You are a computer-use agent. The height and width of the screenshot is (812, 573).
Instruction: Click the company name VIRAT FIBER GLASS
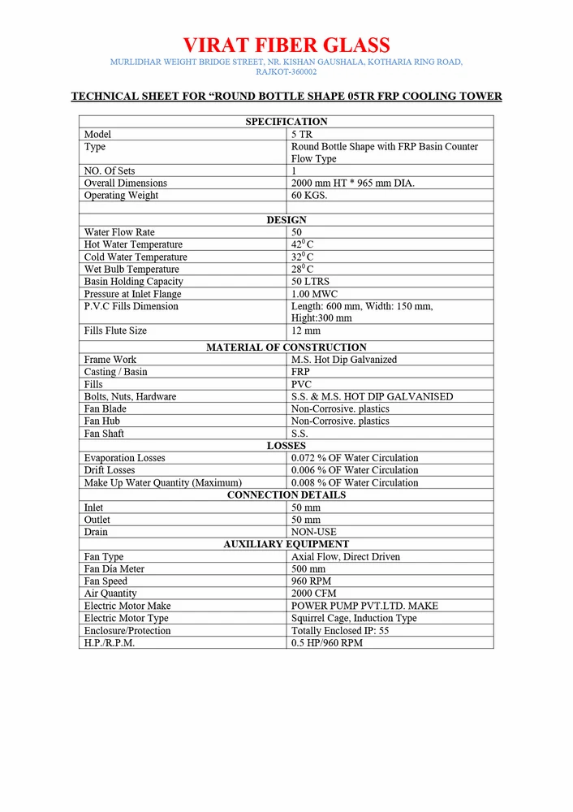pos(286,45)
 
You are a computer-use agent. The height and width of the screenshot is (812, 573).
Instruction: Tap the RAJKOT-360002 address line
pos(286,72)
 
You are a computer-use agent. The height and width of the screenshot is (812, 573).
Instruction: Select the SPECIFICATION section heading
pos(286,122)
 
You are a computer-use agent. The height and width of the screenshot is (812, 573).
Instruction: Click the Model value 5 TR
pos(302,134)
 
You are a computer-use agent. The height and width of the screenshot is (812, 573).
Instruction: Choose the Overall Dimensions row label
pos(126,184)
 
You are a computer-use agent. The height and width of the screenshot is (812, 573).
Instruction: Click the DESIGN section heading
pos(286,220)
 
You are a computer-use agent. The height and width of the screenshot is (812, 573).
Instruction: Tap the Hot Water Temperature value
pos(303,244)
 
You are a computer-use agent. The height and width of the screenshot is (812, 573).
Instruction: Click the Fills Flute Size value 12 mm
pos(306,331)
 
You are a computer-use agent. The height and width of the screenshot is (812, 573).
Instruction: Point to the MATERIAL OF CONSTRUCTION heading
pos(286,348)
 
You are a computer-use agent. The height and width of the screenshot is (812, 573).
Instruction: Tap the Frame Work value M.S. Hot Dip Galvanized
pos(344,360)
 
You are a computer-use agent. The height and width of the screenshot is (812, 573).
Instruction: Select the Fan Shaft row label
pos(104,434)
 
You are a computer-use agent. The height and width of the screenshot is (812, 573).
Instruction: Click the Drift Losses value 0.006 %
pos(355,470)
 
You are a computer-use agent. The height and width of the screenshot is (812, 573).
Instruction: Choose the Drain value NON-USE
pos(314,532)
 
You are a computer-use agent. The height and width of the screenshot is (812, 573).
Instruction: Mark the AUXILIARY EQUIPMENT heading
pos(286,544)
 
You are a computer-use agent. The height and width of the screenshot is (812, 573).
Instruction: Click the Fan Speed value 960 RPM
pos(312,581)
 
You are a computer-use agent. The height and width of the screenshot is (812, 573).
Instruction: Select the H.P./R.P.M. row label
pos(110,643)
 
